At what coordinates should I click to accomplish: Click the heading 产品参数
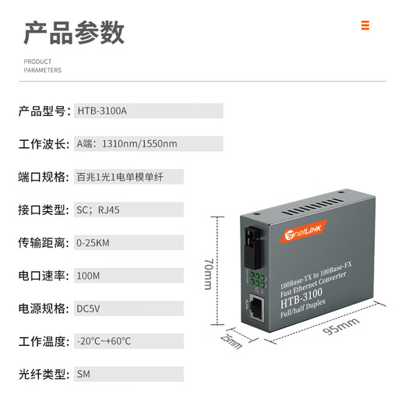(x=74, y=32)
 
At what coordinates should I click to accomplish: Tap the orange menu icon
(x=365, y=25)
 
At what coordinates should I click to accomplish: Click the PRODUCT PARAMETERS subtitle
(x=42, y=65)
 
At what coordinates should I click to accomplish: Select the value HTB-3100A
(x=102, y=111)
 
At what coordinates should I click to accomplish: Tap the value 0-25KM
(x=93, y=243)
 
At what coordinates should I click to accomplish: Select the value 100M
(x=88, y=276)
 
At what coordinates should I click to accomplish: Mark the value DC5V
(x=89, y=308)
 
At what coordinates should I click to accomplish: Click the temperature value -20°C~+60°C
(x=104, y=341)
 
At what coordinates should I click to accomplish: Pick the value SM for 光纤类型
(x=84, y=374)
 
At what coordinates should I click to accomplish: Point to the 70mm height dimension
(x=208, y=273)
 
